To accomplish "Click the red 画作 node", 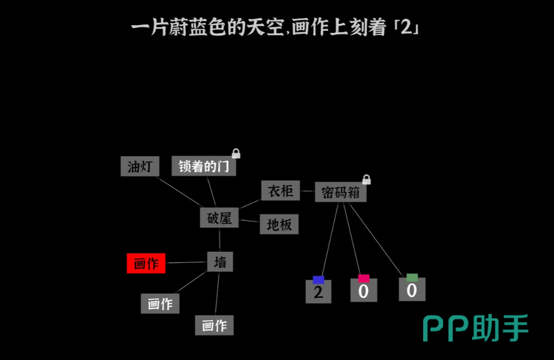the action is [x=146, y=264].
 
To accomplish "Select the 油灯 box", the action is [x=140, y=166].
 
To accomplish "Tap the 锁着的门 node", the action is [x=204, y=166].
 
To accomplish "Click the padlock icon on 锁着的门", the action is [x=236, y=153].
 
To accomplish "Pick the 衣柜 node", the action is [x=281, y=191].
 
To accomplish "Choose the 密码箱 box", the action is [x=340, y=193].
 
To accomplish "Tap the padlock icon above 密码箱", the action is [x=366, y=179].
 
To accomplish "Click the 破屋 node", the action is [x=219, y=218].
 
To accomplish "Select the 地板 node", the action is [x=279, y=224].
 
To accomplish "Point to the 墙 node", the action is [x=220, y=261].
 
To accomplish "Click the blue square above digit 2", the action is [x=318, y=280].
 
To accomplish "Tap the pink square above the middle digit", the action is [x=364, y=279].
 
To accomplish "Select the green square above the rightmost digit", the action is [x=412, y=277].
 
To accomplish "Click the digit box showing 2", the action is [x=318, y=292].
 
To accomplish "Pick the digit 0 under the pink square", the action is [x=364, y=291].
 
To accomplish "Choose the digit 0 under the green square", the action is [x=412, y=289].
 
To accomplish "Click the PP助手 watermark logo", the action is [x=475, y=328].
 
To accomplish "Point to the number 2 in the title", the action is [x=407, y=27].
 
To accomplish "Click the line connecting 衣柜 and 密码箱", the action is [x=307, y=191].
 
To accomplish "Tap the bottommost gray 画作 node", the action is [x=214, y=325].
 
